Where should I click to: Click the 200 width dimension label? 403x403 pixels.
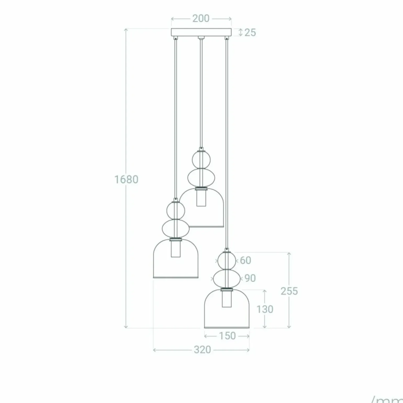[x=201, y=19]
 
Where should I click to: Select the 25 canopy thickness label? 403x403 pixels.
[x=250, y=32]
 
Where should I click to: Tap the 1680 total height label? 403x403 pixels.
[x=126, y=180]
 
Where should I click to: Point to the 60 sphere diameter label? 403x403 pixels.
[x=245, y=260]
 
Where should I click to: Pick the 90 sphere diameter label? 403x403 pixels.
[x=250, y=278]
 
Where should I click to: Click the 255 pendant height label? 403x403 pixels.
[x=289, y=291]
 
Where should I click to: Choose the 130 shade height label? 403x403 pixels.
[x=265, y=309]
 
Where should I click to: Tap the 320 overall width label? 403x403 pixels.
[x=202, y=350]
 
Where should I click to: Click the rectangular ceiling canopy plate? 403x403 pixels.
[x=201, y=32]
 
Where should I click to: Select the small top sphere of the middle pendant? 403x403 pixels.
[x=201, y=159]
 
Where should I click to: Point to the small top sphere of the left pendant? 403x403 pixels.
[x=176, y=210]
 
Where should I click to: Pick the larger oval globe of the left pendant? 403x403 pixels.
[x=176, y=228]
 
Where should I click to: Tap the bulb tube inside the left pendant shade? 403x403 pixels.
[x=176, y=249]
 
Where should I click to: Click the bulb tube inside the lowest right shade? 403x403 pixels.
[x=227, y=299]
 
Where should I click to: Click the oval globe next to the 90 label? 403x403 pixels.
[x=227, y=279]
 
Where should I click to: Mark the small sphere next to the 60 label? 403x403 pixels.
[x=227, y=261]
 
